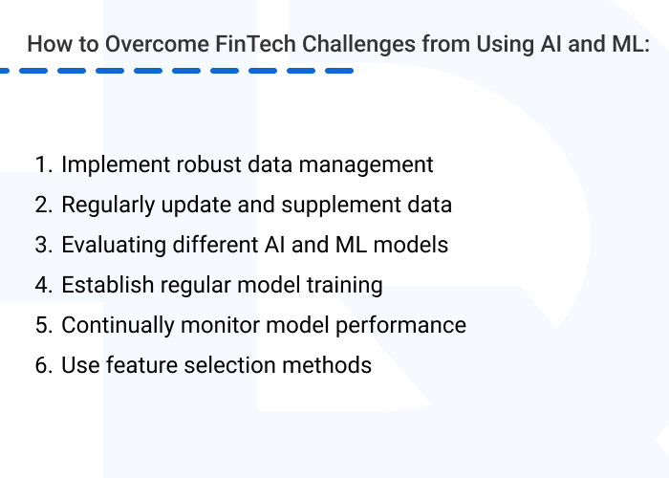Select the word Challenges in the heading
346,44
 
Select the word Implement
109,164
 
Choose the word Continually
115,325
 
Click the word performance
406,325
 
